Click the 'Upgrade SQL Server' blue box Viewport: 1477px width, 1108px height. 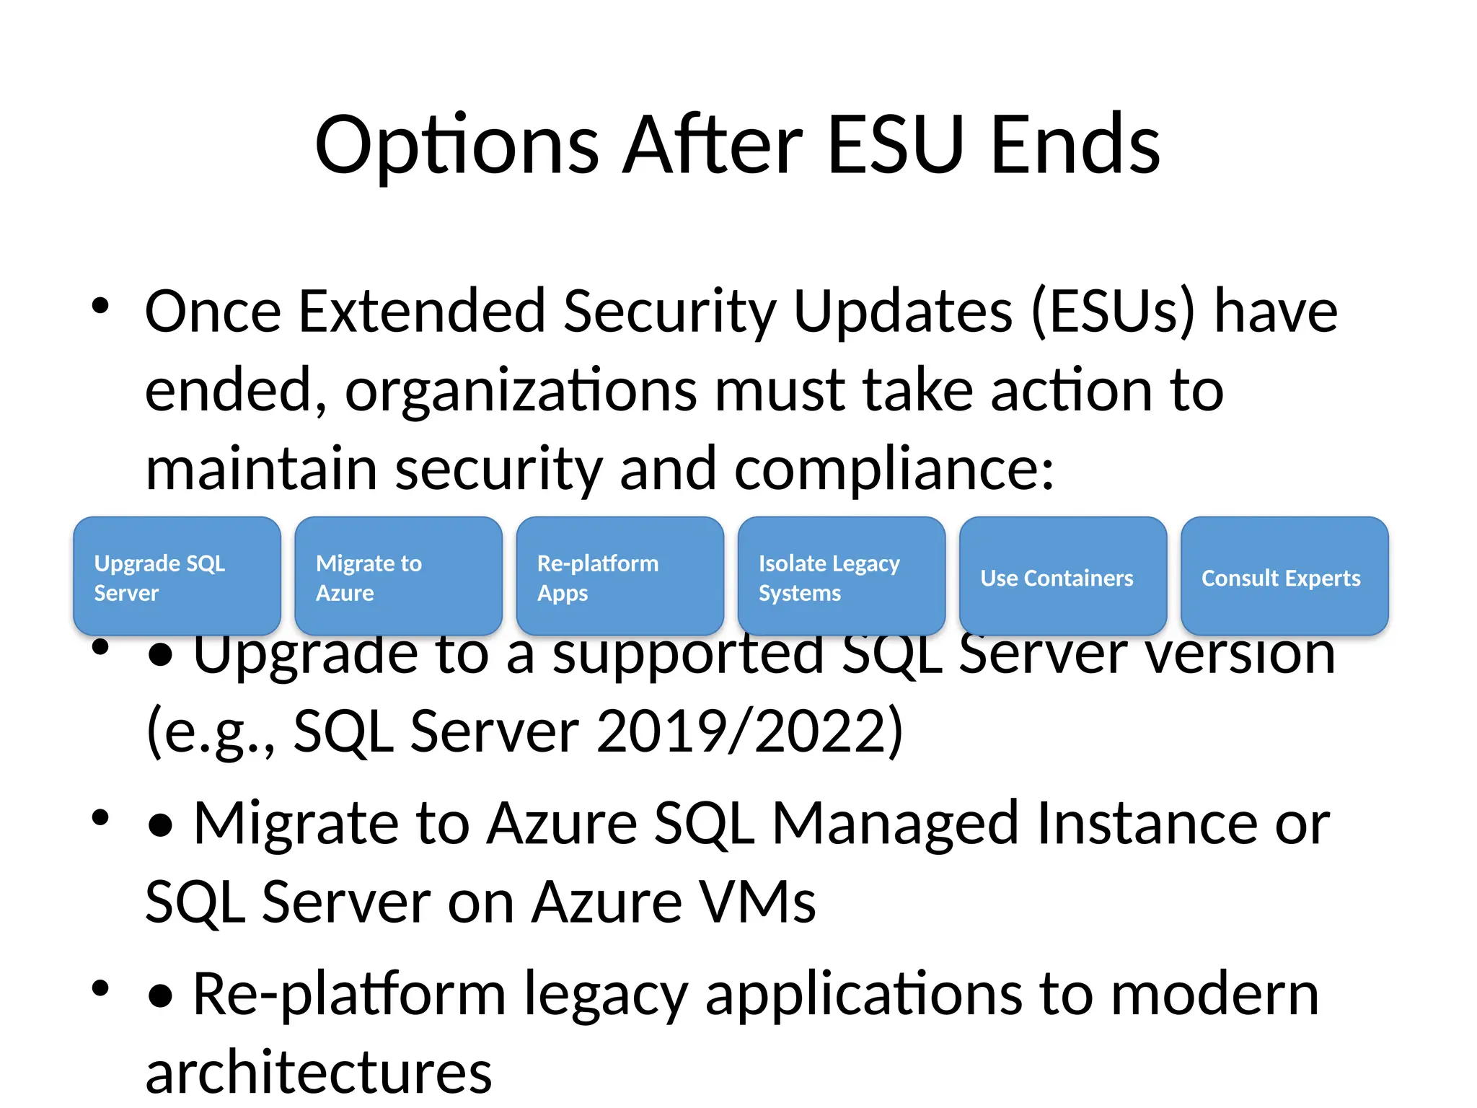[x=177, y=576]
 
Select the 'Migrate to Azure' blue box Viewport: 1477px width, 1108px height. [x=398, y=576]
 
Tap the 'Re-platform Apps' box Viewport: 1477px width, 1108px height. [x=620, y=576]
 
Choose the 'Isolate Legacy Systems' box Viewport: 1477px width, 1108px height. [x=841, y=576]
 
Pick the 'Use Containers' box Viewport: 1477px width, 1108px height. [x=1062, y=576]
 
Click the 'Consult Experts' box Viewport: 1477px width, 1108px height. [x=1284, y=576]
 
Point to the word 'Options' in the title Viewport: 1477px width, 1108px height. [x=457, y=146]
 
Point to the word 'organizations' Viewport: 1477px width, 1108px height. [x=521, y=392]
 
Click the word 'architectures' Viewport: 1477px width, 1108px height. [x=319, y=1073]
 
